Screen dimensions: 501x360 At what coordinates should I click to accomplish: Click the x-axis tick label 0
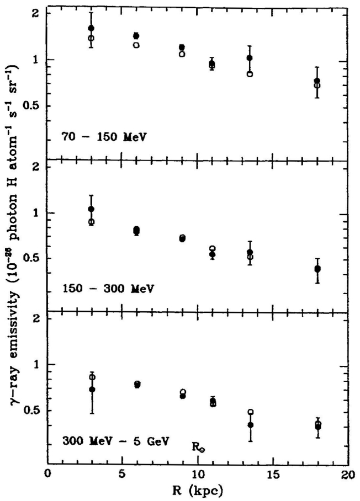(48, 474)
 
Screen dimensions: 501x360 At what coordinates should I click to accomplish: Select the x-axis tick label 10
(197, 474)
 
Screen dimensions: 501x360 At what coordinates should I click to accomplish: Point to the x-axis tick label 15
(272, 474)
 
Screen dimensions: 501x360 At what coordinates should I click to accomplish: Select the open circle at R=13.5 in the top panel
(250, 74)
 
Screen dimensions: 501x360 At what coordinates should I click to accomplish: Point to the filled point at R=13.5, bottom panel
(250, 425)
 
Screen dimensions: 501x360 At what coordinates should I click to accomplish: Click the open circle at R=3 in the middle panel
(92, 222)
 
